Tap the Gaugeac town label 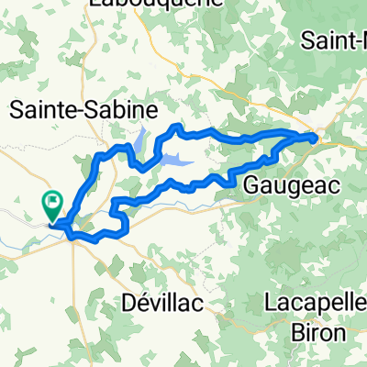tap(293, 185)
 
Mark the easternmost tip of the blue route tap(317, 139)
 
